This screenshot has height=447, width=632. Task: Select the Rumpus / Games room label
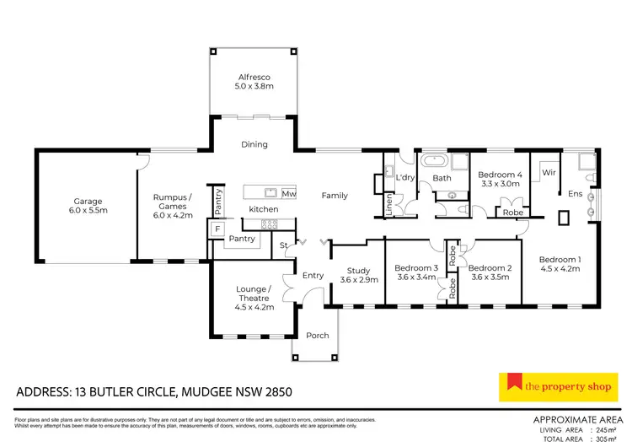(x=173, y=206)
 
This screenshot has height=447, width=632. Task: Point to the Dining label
(x=254, y=144)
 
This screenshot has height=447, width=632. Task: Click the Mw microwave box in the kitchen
(x=289, y=192)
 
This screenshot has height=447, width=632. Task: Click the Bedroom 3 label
(x=415, y=272)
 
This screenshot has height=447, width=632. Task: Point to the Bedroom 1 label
(x=560, y=264)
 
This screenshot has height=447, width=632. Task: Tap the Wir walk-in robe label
(x=549, y=172)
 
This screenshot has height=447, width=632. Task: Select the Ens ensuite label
(x=576, y=194)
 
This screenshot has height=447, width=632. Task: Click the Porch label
(x=318, y=335)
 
